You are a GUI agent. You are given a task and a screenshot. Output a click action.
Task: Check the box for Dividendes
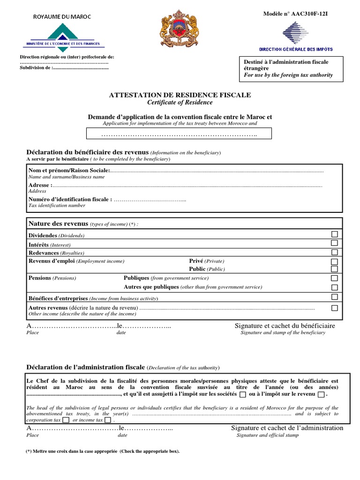[334, 234]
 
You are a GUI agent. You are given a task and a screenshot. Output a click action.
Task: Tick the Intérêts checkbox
[334, 243]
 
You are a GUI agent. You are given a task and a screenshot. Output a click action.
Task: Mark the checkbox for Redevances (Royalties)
[334, 252]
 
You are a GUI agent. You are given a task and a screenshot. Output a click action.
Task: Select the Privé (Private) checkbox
[334, 262]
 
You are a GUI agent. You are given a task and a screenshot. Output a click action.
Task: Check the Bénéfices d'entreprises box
[334, 297]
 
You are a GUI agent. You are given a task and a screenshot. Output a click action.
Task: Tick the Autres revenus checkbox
[334, 308]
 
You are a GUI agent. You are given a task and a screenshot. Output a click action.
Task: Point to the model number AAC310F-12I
[295, 14]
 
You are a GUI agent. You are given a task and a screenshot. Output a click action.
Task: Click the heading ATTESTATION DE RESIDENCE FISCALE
[180, 95]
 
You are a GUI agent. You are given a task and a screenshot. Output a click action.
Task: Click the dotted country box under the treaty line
[180, 135]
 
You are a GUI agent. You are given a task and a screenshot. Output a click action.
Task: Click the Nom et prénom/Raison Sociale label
[69, 171]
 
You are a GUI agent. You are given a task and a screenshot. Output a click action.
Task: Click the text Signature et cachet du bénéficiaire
[285, 326]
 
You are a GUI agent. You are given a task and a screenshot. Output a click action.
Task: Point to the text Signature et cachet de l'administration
[287, 428]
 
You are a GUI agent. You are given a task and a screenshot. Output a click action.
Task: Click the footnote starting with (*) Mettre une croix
[103, 451]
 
